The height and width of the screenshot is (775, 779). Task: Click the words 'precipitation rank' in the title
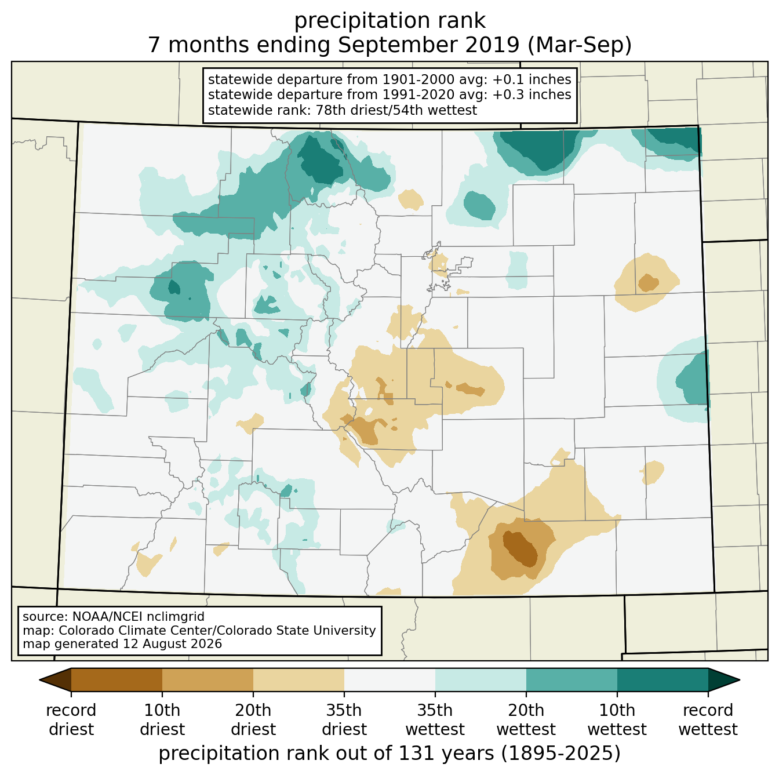click(x=389, y=21)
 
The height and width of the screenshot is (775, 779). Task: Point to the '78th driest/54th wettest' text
click(x=396, y=110)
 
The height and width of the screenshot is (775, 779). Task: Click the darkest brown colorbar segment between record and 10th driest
click(x=117, y=679)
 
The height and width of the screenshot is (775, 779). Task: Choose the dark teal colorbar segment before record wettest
click(x=662, y=679)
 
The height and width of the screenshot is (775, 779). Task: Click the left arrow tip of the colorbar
click(x=39, y=680)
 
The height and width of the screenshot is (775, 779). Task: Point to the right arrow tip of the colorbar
click(x=740, y=680)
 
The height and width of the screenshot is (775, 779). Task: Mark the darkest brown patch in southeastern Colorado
click(x=520, y=548)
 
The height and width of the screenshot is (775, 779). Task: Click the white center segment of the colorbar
click(x=389, y=679)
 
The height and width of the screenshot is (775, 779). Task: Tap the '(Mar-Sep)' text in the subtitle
click(x=579, y=45)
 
